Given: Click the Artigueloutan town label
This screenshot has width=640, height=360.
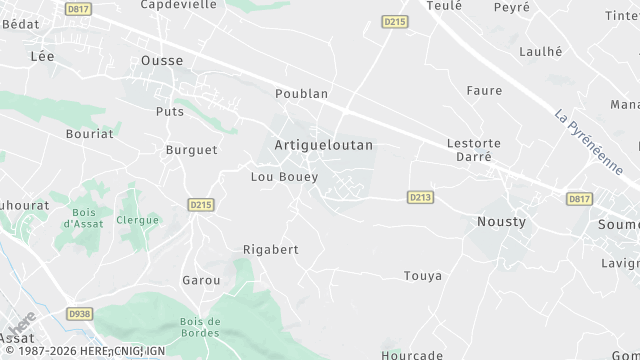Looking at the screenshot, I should (323, 145).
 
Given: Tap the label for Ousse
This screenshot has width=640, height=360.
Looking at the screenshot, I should (161, 61).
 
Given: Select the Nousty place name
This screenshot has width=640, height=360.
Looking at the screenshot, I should (501, 221).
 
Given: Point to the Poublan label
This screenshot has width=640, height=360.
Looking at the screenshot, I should (301, 93).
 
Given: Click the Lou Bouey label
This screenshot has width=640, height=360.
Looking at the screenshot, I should (284, 177).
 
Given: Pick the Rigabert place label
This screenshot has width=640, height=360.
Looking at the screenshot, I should (271, 249).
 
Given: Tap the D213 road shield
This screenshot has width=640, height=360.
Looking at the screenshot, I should (420, 198).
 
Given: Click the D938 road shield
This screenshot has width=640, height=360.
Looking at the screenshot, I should (79, 314).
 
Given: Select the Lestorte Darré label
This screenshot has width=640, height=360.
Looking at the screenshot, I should (474, 150).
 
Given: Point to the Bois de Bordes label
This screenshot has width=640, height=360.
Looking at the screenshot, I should (200, 326).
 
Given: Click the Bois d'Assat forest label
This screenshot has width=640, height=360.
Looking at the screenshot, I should (85, 218).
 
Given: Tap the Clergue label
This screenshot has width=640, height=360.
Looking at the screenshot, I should (137, 219).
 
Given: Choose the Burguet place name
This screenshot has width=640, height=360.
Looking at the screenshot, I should (190, 150).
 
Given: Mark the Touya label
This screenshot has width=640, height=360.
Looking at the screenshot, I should (422, 276).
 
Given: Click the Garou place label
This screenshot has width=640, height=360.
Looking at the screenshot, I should (201, 281).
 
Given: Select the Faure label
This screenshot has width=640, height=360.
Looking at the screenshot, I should (484, 91).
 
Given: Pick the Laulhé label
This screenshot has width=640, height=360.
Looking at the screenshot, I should (541, 51).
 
